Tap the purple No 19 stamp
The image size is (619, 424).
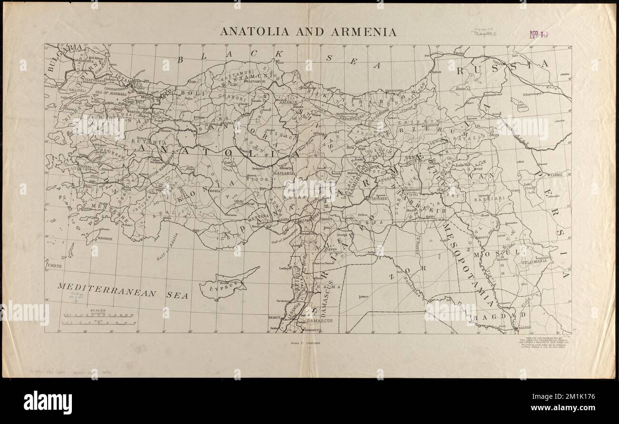pos(538,34)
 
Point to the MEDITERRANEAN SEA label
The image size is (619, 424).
pos(122,290)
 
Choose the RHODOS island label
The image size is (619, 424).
pos(105,237)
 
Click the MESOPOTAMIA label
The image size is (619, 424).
pos(468,266)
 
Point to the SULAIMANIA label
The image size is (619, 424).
pos(534,261)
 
